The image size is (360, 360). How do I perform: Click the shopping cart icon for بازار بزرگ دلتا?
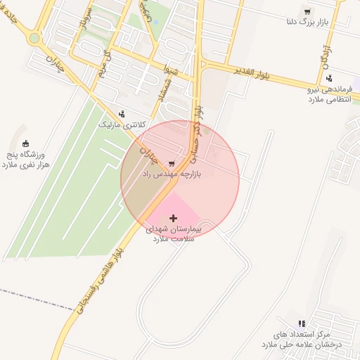pos(307,12)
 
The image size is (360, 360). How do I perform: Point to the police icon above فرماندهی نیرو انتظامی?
pos(329,78)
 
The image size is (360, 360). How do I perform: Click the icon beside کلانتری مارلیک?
pos(123,113)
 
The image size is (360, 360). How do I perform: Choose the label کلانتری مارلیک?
pos(122,124)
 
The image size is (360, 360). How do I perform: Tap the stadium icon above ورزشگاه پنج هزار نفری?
pos(27,143)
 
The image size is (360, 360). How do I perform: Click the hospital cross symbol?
pos(174,219)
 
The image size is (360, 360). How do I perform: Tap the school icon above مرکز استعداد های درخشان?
pos(302,324)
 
